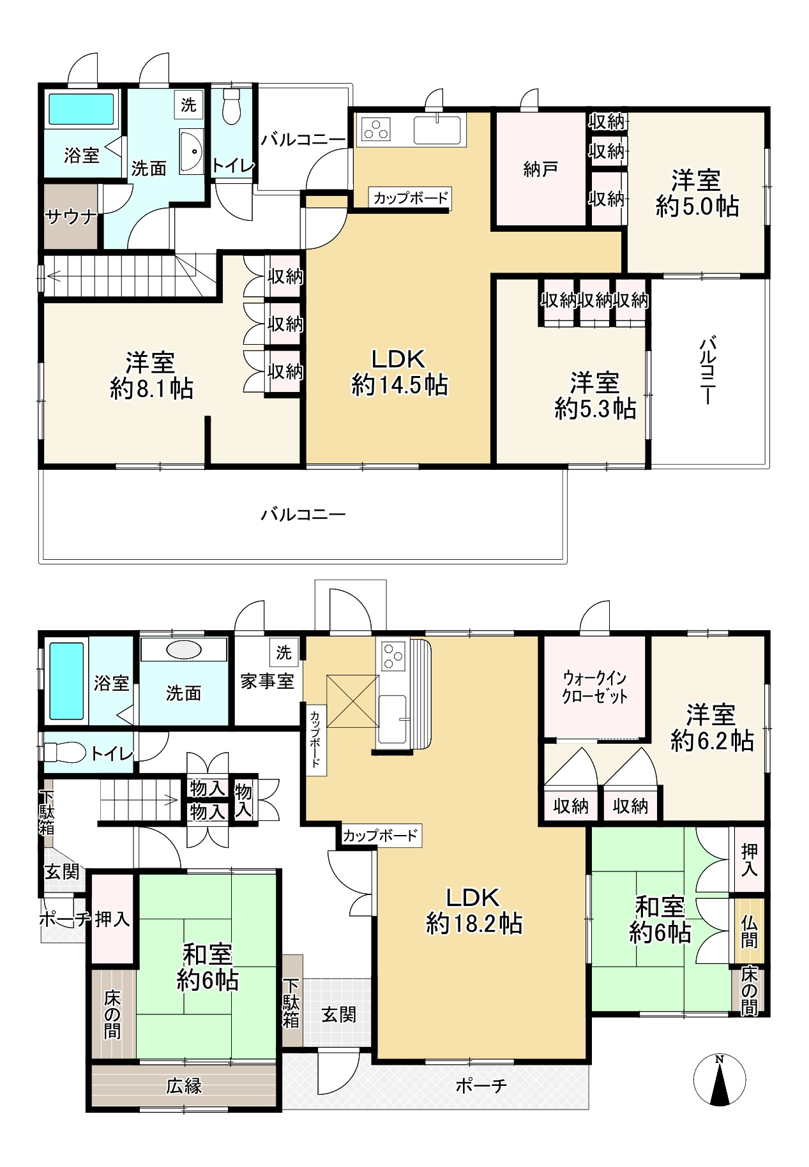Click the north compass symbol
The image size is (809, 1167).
720,1081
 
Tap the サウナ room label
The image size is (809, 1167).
70,217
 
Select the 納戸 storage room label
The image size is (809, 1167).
540,169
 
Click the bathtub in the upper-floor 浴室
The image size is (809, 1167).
81,109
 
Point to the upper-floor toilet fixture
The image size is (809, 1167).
231,107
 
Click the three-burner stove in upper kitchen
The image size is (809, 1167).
375,130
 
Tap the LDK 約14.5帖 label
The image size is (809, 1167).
399,372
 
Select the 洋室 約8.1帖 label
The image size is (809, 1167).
151,375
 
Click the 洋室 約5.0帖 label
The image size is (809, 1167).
697,193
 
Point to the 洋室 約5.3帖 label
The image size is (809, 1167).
595,396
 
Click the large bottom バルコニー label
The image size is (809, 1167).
303,514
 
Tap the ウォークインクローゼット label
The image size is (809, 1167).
594,687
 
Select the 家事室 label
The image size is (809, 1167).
267,681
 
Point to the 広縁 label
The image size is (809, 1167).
184,1085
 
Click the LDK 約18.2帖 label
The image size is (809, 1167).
474,911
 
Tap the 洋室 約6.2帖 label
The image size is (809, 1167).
712,728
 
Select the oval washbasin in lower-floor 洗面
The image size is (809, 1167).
184,650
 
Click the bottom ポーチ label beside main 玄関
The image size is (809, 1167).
481,1085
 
